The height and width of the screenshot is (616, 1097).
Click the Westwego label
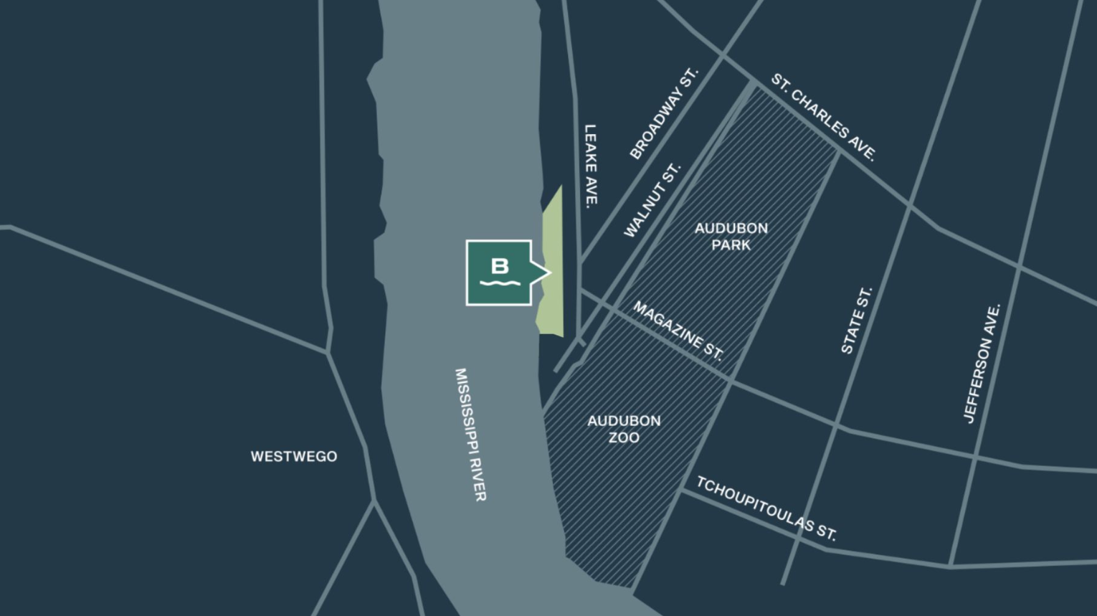pos(294,457)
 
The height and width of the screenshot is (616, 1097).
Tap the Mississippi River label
pos(470,434)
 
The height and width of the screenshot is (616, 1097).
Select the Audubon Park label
pos(731,237)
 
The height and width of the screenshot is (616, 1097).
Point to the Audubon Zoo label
pos(624,429)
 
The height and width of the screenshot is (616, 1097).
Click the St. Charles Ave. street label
pos(824,117)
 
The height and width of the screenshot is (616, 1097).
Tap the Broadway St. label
pos(663,114)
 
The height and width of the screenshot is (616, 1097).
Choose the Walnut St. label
pos(652,200)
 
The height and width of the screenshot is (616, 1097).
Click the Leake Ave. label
pos(591,166)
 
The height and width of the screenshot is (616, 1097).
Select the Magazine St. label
pos(678,331)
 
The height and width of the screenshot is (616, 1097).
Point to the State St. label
pos(856,321)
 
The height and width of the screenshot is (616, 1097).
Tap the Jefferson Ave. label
pos(982,364)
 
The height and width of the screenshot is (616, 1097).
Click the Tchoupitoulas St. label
pos(766,508)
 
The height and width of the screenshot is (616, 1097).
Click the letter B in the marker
pos(500,266)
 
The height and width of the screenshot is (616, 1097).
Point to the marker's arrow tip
pos(548,273)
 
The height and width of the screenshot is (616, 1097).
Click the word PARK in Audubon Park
pos(731,245)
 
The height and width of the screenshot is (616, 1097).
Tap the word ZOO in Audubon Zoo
pos(624,437)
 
